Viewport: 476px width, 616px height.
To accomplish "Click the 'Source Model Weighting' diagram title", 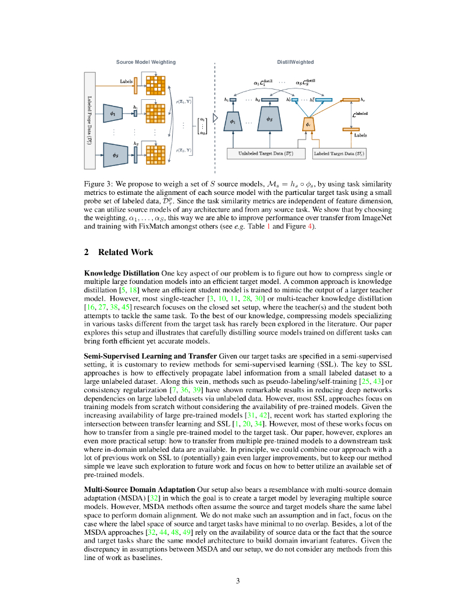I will point(146,62).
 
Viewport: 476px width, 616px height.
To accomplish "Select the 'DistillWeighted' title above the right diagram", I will point(295,62).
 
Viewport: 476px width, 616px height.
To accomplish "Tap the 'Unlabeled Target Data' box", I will point(267,154).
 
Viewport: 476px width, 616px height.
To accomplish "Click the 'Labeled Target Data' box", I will point(339,154).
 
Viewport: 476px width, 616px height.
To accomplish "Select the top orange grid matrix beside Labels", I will point(155,85).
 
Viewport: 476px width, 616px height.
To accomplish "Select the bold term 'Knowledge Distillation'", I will point(122,273).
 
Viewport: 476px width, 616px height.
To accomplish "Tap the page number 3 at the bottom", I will point(238,581).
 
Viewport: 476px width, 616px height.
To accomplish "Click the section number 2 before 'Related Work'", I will point(87,252).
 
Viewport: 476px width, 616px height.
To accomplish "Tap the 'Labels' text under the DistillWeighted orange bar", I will point(360,135).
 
